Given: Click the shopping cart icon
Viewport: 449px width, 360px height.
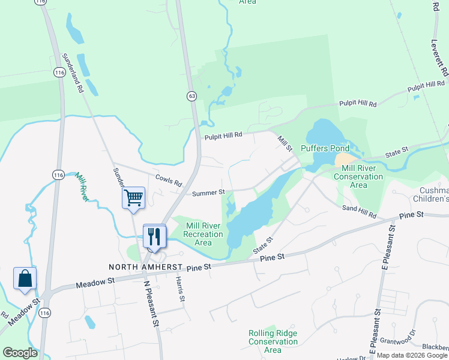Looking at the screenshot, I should coord(133,197).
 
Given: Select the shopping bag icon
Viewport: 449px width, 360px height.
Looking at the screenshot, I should coord(25,278).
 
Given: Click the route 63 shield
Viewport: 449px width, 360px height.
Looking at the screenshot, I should coord(191,95).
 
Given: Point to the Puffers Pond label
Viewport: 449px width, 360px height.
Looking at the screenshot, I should coord(325,148).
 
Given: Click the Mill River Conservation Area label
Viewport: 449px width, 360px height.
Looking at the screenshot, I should coord(358,176).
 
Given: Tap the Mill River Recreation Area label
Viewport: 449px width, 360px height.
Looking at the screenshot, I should coord(203,234).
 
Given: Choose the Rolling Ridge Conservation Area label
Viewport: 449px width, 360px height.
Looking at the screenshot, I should coord(273,341).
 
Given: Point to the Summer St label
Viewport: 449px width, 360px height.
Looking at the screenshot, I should coord(208,193).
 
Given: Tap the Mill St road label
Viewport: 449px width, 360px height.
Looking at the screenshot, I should coord(284,144).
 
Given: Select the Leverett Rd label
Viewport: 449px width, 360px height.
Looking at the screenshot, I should coord(439,58).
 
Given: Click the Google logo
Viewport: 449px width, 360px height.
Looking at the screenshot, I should coord(20,353).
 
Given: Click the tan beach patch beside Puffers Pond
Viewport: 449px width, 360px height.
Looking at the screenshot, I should coord(345,160).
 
